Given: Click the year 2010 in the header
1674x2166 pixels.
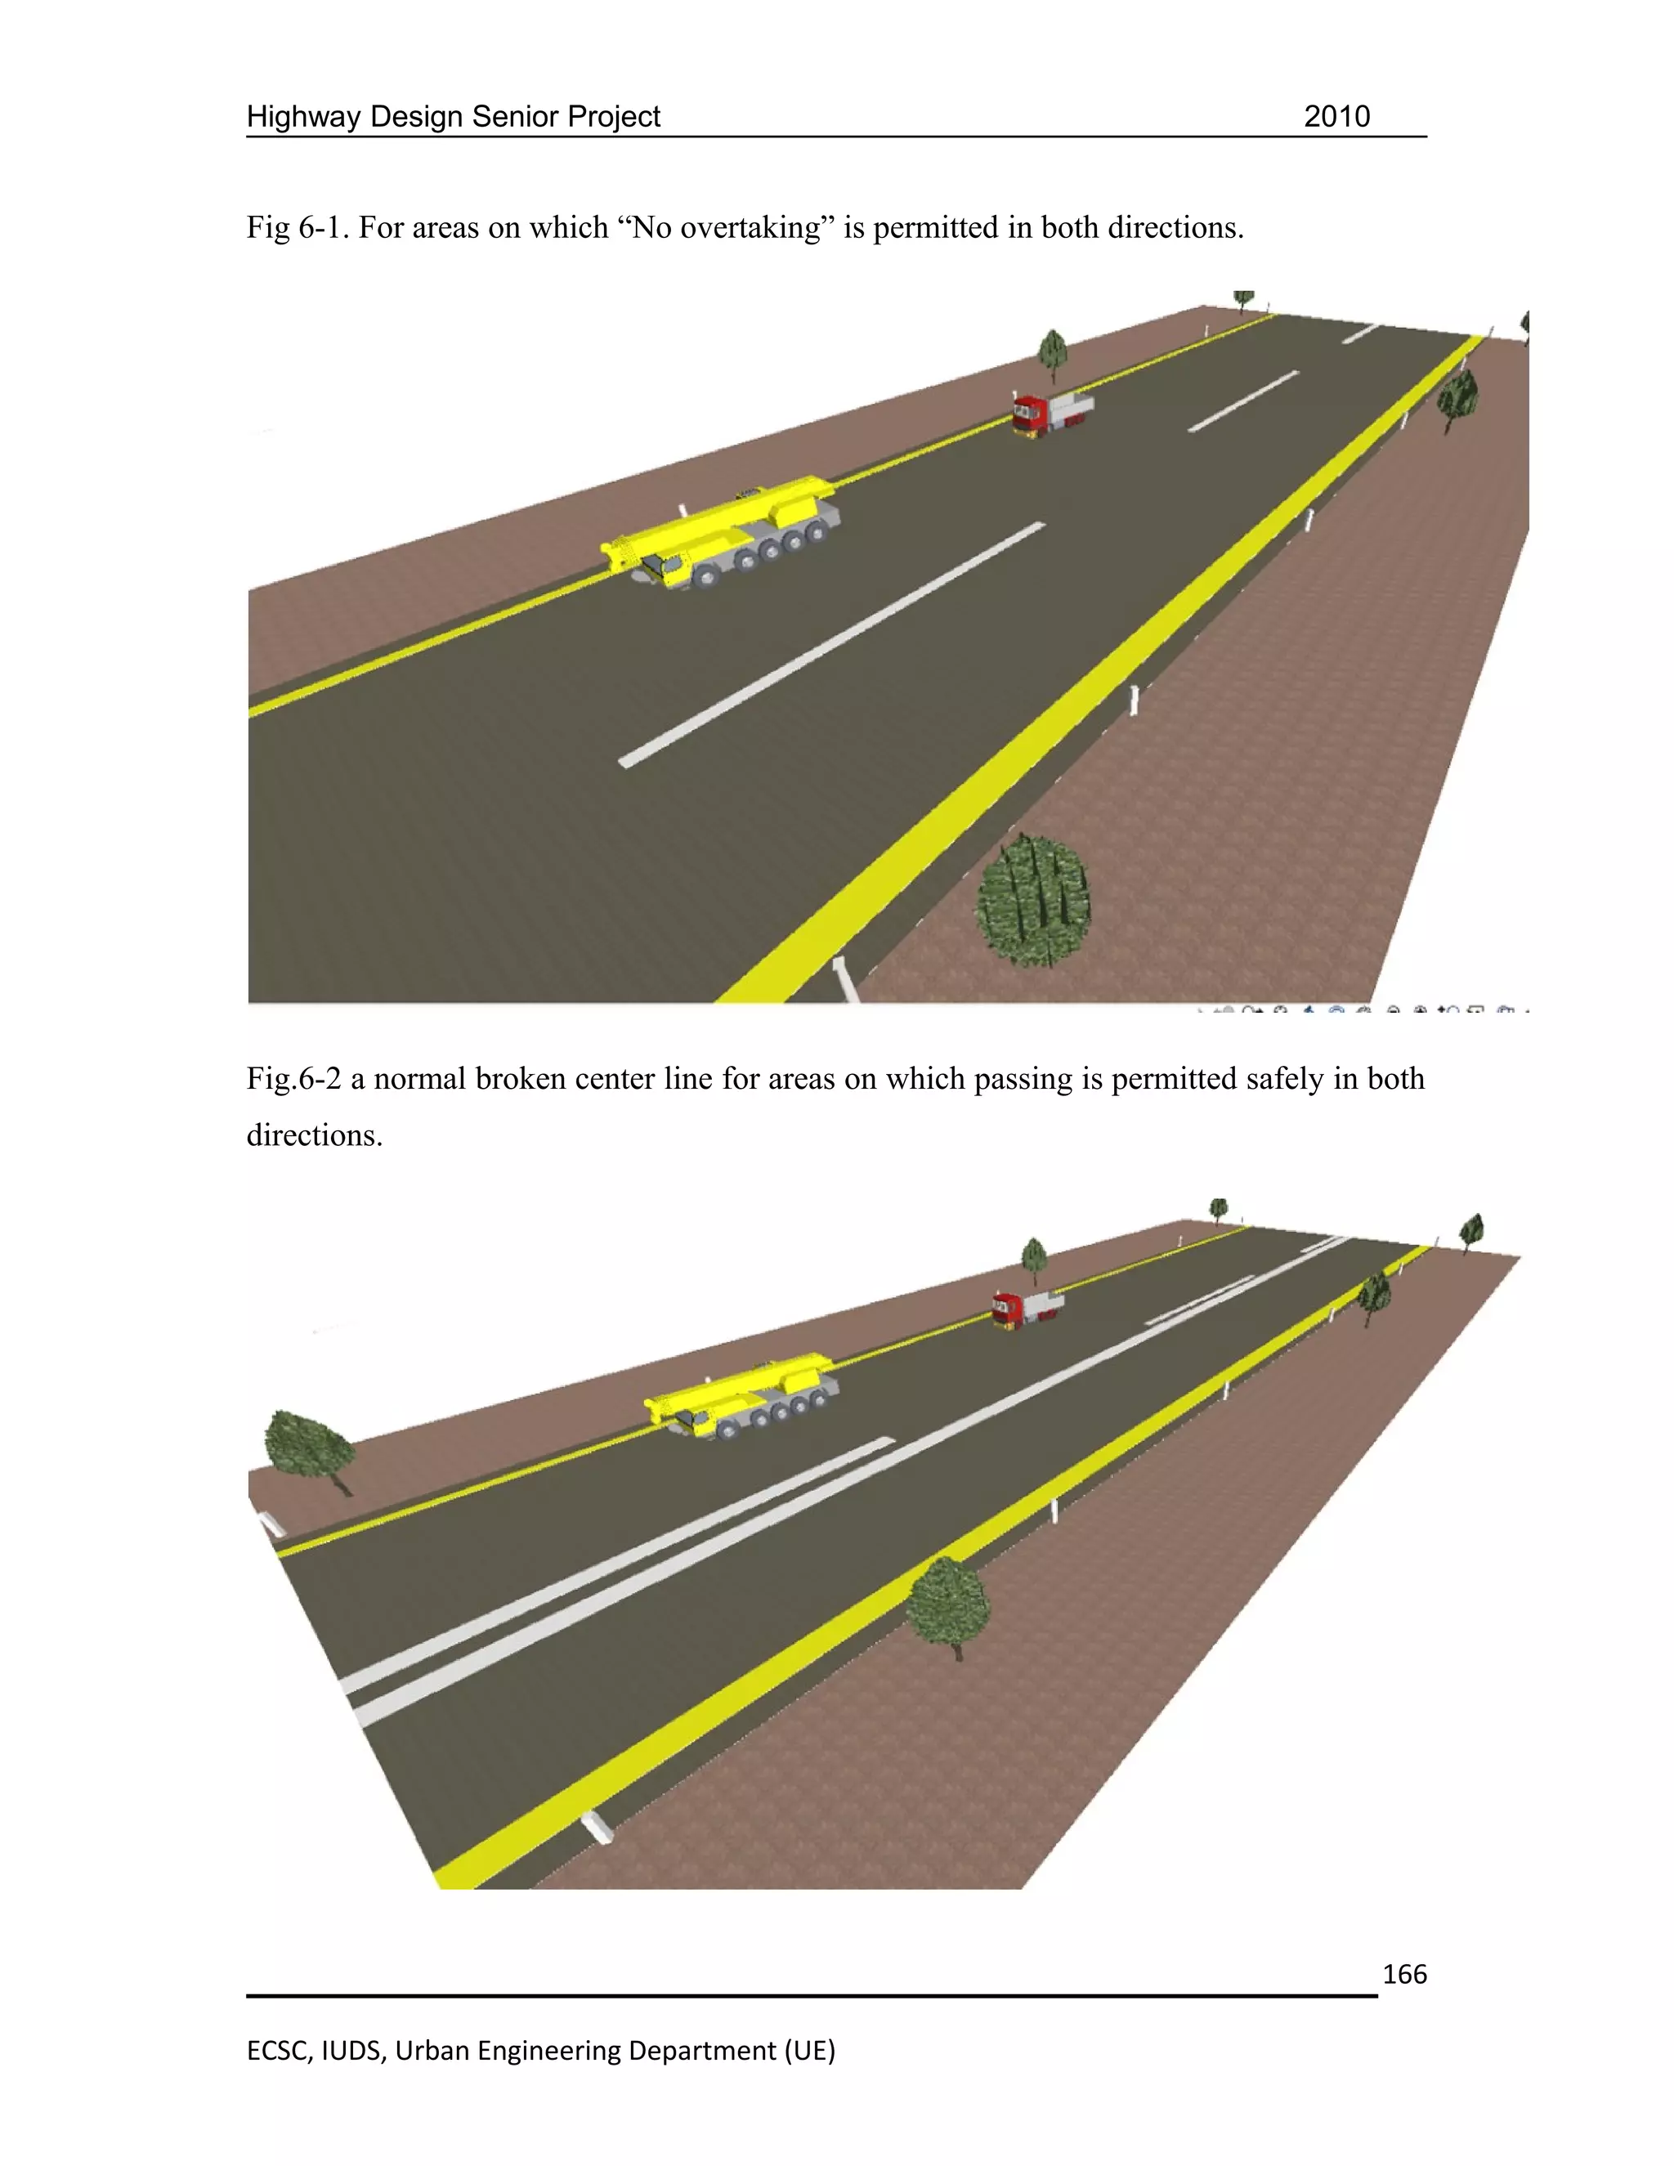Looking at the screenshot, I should [1336, 117].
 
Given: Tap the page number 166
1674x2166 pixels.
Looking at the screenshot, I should [1404, 1975].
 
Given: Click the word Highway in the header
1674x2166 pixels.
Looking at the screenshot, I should [304, 117].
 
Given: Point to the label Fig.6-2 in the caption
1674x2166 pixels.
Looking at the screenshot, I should [293, 1079].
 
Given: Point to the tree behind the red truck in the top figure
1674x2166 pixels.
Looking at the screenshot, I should [1052, 351].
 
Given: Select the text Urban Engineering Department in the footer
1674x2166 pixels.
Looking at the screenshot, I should [615, 2050].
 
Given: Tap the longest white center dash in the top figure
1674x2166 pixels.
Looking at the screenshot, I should [831, 645].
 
